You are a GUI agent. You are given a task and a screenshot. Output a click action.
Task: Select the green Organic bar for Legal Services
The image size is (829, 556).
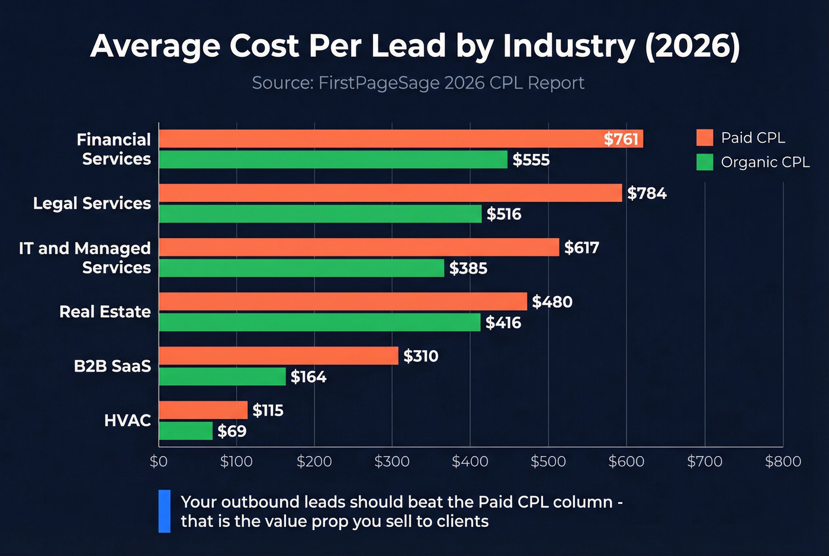[320, 214]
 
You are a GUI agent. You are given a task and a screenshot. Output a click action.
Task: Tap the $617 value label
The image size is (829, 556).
[581, 248]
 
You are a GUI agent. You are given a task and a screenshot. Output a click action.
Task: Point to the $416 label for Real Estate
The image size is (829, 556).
[503, 323]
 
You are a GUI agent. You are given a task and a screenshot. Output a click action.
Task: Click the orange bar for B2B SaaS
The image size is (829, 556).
[278, 356]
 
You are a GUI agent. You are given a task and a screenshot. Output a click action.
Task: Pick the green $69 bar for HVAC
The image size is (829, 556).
[185, 431]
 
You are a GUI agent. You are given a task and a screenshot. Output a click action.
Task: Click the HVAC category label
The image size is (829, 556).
[127, 420]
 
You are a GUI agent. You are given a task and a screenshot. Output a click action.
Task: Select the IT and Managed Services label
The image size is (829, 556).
[85, 258]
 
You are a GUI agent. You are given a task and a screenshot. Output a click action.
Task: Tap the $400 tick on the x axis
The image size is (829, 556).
[470, 461]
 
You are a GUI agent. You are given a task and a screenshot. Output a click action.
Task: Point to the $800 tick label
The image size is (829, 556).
[782, 461]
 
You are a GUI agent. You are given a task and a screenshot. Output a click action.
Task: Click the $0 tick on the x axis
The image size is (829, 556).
[159, 461]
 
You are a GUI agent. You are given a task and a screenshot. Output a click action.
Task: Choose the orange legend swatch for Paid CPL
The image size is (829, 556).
[705, 138]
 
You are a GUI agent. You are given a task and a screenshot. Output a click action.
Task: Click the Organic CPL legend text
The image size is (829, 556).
[764, 162]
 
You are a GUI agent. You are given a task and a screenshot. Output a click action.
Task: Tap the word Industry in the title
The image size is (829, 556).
[568, 46]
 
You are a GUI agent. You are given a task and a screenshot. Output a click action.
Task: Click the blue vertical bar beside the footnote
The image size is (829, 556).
[165, 511]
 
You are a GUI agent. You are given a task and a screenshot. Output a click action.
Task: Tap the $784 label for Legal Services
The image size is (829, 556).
[647, 194]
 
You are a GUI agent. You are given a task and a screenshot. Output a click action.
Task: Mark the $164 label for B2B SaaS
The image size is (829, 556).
[308, 377]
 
